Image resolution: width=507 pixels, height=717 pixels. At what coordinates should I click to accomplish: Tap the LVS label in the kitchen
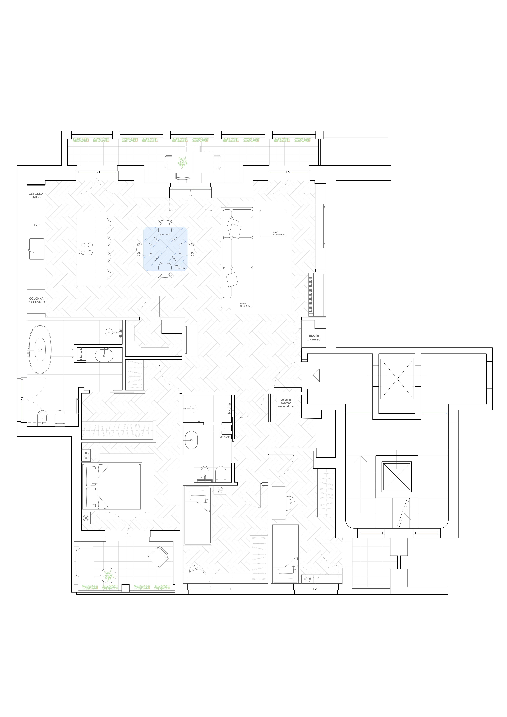pos(37,225)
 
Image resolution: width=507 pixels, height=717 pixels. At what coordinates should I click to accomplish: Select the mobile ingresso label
pos(314,338)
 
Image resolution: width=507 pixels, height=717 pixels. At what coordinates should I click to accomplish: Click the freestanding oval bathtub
pos(40,350)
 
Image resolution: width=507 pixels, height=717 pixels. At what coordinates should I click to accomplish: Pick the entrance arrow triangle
pos(316,375)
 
